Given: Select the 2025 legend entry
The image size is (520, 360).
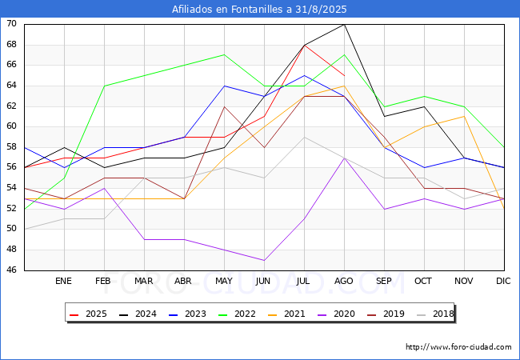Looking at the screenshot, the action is (89, 314).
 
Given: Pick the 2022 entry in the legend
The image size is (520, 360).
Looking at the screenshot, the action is (237, 314).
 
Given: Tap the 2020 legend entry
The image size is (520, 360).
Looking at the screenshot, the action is (336, 314).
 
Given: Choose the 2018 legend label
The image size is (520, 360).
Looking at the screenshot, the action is (443, 314).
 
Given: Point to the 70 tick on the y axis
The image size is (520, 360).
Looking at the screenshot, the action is (11, 23).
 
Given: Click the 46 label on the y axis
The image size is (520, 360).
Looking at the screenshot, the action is (11, 270).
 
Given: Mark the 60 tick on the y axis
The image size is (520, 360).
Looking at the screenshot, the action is (11, 126).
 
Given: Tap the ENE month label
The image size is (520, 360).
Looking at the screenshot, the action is (63, 281).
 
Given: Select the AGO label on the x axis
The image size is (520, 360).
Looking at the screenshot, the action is (343, 281).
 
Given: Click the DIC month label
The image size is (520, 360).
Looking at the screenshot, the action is (503, 281).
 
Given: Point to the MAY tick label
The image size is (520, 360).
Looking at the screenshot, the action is (224, 281).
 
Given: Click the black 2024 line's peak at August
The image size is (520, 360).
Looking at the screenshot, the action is (345, 24).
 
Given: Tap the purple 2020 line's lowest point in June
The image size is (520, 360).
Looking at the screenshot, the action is (264, 260).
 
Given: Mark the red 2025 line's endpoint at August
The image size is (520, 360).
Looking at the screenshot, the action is (345, 75).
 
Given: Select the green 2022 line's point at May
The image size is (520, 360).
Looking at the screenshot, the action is (225, 54).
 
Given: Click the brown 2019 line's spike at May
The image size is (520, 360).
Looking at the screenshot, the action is (225, 106).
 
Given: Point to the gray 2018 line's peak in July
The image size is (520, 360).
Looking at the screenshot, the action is (305, 137).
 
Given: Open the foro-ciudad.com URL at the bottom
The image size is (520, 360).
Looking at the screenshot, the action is (458, 347).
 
